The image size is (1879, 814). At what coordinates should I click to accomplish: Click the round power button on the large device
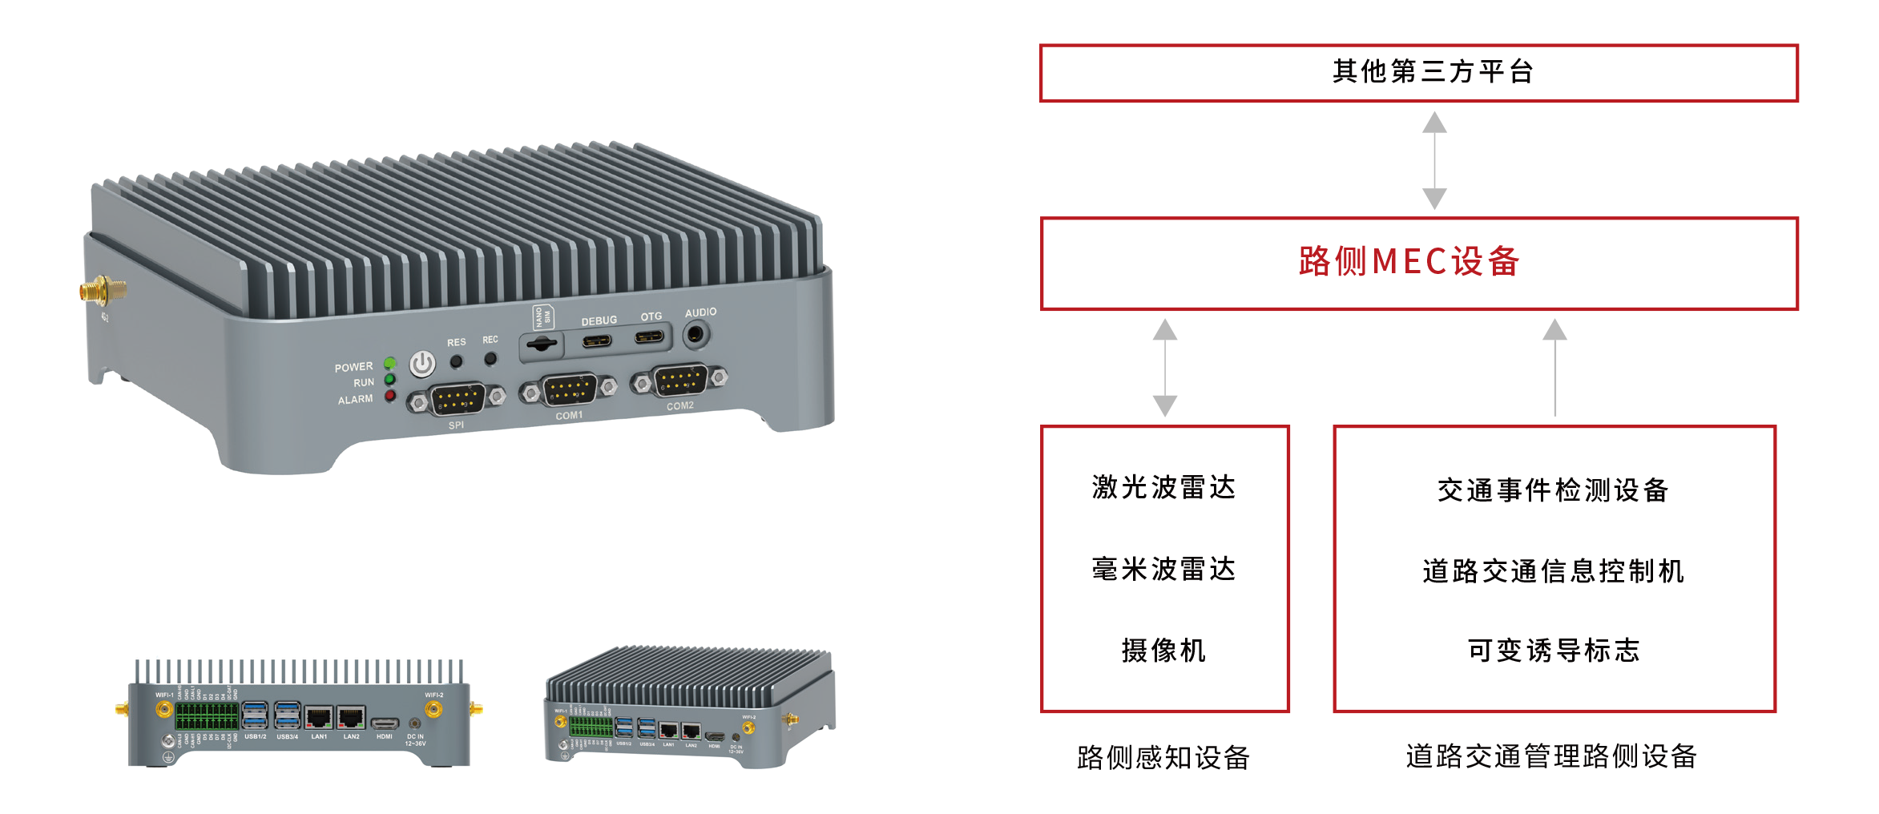(x=422, y=365)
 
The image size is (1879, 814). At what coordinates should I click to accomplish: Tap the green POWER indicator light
(x=390, y=363)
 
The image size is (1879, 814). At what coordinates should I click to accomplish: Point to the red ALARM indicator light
(x=390, y=396)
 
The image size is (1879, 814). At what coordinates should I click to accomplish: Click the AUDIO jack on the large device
(x=696, y=334)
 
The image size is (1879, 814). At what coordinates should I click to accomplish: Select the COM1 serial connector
(x=569, y=389)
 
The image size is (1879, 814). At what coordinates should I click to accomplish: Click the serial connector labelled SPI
(x=457, y=398)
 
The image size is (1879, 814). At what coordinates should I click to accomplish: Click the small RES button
(x=456, y=361)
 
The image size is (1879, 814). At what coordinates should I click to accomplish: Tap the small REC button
(x=490, y=358)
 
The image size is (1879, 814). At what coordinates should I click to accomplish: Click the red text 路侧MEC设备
(x=1409, y=262)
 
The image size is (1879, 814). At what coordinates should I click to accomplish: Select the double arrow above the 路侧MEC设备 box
(x=1433, y=160)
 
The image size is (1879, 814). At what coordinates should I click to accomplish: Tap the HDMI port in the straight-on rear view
(x=385, y=723)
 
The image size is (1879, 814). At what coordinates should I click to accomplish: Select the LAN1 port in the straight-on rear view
(x=319, y=718)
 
